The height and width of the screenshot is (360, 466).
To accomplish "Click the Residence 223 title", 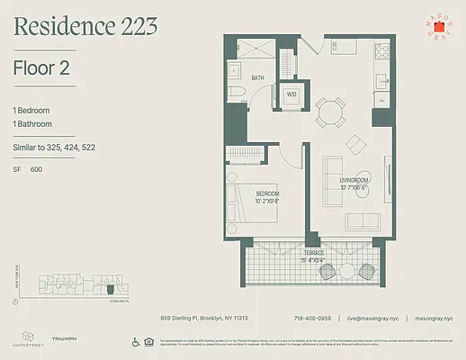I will click(86, 29).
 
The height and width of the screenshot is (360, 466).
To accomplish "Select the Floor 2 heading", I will click(42, 67).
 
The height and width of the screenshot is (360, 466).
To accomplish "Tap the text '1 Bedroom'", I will click(31, 109).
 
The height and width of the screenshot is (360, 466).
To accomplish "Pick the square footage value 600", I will click(37, 169).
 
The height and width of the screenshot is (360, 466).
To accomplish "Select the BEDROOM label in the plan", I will click(267, 193).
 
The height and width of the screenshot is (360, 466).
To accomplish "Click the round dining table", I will click(329, 111).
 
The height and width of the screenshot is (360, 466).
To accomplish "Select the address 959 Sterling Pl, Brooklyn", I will click(204, 318).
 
